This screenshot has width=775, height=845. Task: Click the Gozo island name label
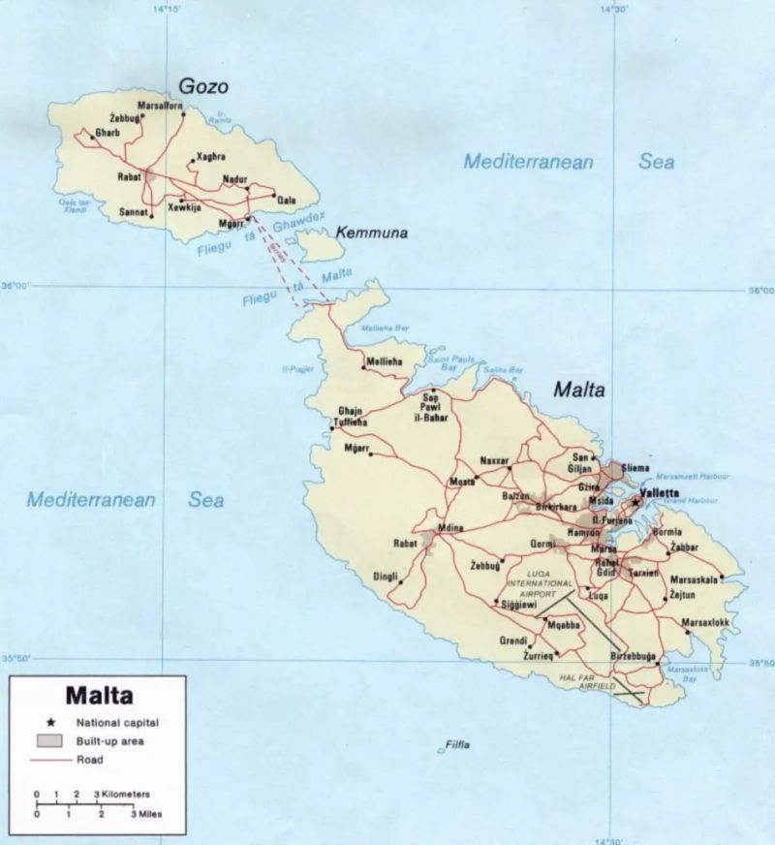(202, 86)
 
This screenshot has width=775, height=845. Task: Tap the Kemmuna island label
(372, 234)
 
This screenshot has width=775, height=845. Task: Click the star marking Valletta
(635, 502)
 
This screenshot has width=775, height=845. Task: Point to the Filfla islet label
(456, 744)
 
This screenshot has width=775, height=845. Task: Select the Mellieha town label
(381, 362)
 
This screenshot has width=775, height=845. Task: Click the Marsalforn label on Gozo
(160, 106)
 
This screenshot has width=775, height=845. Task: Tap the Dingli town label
(386, 578)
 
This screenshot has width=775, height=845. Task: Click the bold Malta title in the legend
(99, 695)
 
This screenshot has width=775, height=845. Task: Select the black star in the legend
(51, 722)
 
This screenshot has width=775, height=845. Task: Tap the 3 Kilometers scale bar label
(122, 794)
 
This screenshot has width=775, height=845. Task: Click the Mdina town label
(451, 527)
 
